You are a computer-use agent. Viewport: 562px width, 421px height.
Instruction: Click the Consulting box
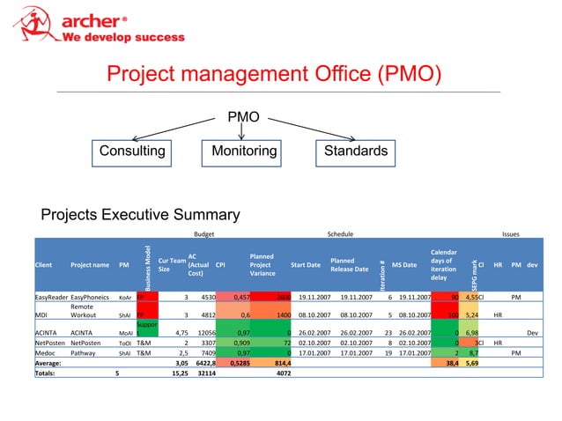pyautogui.click(x=132, y=151)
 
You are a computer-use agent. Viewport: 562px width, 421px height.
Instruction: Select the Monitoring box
pyautogui.click(x=239, y=151)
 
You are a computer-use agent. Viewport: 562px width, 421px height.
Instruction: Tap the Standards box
pyautogui.click(x=353, y=151)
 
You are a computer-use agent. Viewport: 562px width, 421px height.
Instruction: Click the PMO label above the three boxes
pyautogui.click(x=242, y=116)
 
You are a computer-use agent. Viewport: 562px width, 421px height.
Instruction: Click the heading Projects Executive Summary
pyautogui.click(x=141, y=215)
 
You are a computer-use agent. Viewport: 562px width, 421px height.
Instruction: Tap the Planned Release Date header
pyautogui.click(x=349, y=264)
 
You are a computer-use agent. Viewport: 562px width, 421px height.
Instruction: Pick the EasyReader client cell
pyautogui.click(x=51, y=298)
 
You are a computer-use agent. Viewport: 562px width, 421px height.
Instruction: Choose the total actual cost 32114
pyautogui.click(x=196, y=372)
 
